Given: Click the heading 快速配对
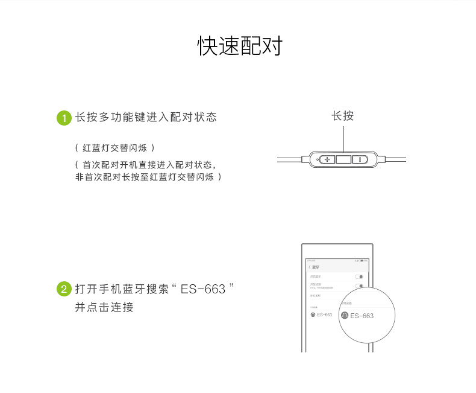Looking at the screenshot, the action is [240, 46].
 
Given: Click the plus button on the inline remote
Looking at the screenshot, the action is [327, 159].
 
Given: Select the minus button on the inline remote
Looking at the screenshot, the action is [360, 159].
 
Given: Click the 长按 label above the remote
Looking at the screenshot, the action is [343, 116].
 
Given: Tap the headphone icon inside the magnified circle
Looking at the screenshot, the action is [344, 316].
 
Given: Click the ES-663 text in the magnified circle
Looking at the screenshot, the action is [362, 316].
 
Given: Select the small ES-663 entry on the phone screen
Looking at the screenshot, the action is [324, 315].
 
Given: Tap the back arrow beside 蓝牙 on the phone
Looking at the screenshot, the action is [309, 266].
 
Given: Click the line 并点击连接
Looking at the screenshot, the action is [104, 307].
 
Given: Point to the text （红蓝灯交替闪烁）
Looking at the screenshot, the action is [114, 148].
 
